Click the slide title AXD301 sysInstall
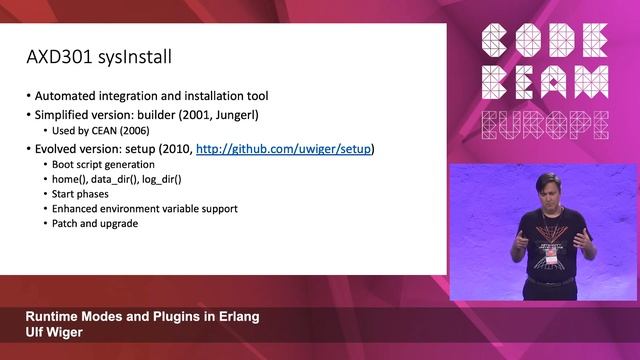point(99,58)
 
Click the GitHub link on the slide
point(283,149)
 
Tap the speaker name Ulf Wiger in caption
point(56,332)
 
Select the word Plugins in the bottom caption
point(171,316)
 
